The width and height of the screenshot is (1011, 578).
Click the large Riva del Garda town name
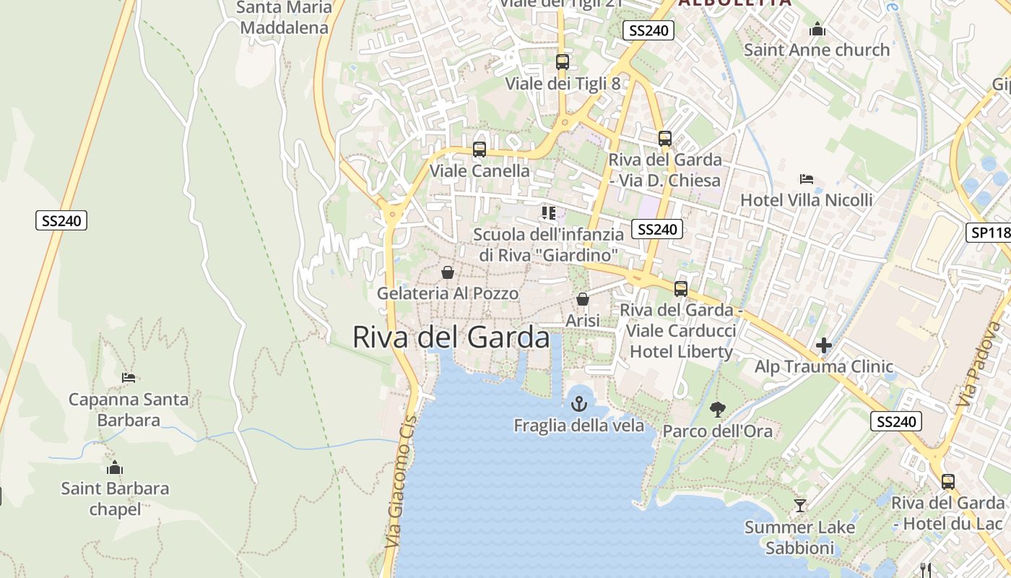click(x=451, y=337)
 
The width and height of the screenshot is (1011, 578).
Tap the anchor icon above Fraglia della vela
click(x=578, y=403)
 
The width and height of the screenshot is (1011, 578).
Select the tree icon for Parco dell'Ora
click(x=717, y=410)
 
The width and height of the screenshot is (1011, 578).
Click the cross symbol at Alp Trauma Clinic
click(x=824, y=345)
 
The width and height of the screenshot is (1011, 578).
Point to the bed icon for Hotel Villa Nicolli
click(x=807, y=178)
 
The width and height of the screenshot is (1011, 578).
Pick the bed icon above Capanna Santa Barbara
click(x=129, y=377)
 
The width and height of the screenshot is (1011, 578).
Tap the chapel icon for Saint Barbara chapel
click(x=114, y=467)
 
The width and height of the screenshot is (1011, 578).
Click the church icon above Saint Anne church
click(x=817, y=29)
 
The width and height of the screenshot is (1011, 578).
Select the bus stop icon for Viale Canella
click(x=480, y=150)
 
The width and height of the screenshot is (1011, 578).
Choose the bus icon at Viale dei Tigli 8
click(x=563, y=62)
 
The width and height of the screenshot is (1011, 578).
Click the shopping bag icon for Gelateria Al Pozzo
click(x=448, y=272)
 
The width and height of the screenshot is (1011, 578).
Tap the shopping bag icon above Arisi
click(x=583, y=298)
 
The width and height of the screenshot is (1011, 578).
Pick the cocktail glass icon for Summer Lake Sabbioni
click(x=799, y=505)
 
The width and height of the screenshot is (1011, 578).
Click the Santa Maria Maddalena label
click(x=284, y=18)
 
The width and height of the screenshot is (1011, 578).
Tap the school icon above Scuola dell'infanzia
click(x=549, y=212)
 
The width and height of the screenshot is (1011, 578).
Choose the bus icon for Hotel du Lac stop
click(x=947, y=481)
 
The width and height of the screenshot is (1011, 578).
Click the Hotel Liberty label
click(x=681, y=352)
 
